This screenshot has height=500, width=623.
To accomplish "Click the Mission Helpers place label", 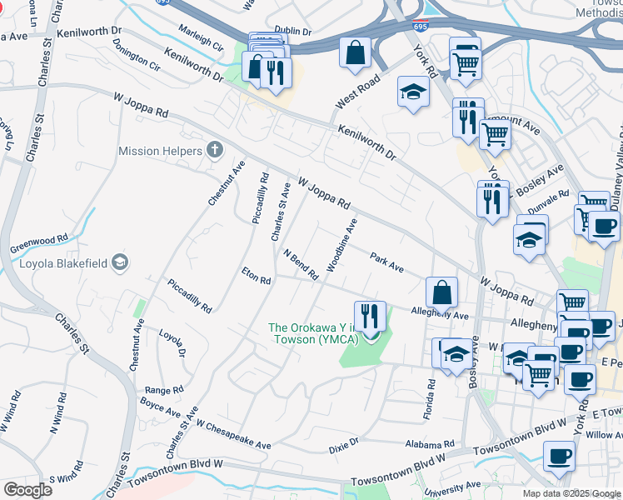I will (160, 151).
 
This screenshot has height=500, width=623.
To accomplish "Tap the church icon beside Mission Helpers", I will (215, 150).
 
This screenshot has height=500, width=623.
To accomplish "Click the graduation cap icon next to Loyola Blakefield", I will (119, 263).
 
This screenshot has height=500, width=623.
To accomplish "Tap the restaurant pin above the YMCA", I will (370, 316).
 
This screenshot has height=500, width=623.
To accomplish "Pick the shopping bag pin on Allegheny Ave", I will (441, 292).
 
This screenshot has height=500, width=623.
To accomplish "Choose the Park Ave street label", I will (386, 262).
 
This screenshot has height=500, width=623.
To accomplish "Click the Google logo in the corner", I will (27, 489).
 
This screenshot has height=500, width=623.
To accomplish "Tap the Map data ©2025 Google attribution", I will (571, 493).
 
